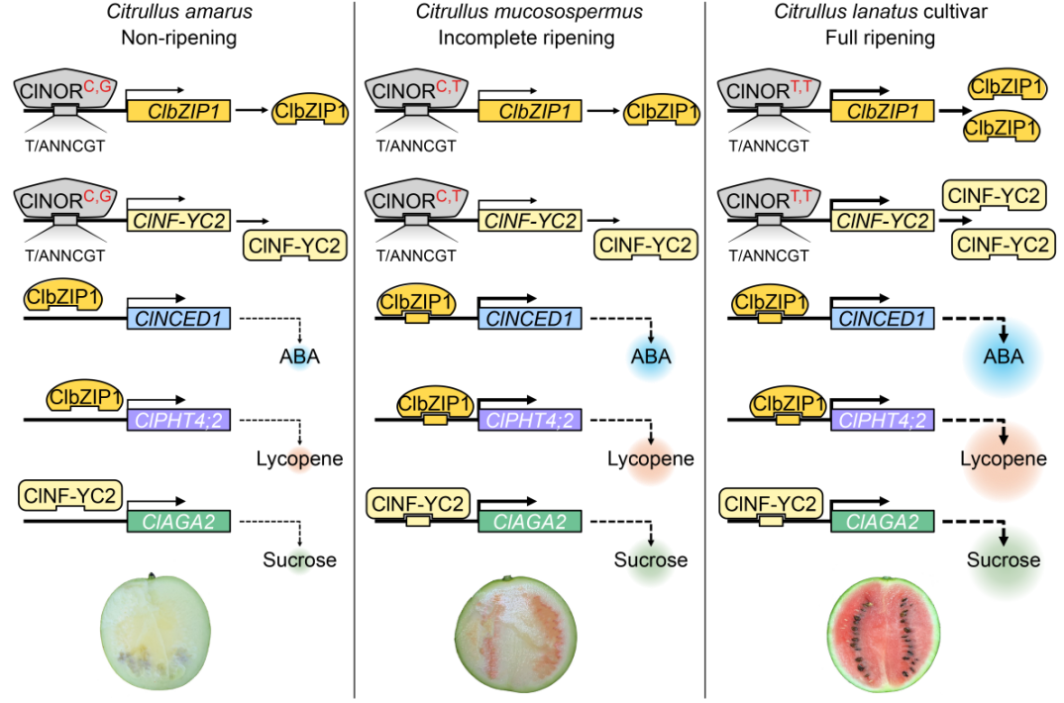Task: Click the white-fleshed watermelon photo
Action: point(157,628)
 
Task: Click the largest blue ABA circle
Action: point(1004,357)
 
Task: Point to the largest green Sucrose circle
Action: point(1004,560)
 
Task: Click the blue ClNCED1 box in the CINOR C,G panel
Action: point(178,319)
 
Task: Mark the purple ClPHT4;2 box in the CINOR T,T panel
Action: point(883,420)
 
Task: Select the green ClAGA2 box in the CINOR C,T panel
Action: point(530,522)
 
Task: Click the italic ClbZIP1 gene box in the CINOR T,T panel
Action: point(883,111)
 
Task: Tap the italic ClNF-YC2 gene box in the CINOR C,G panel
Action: point(178,221)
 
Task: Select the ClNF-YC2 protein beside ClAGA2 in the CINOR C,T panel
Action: point(417,505)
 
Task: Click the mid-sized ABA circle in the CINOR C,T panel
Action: point(651,356)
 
